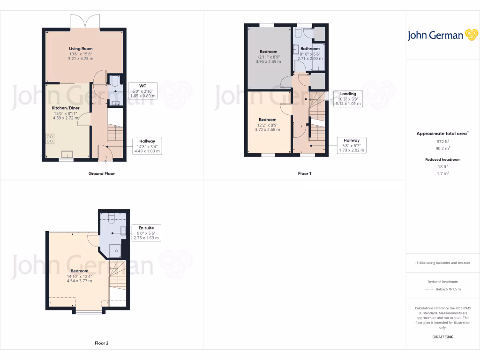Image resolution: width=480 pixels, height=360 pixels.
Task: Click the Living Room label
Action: (x=81, y=49)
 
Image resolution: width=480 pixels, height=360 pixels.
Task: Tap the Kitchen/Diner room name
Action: (x=66, y=108)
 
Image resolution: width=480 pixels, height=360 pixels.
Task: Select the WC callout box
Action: (x=142, y=90)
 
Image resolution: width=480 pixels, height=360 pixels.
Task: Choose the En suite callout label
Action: (x=147, y=232)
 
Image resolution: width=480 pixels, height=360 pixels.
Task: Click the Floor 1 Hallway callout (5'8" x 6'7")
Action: (x=352, y=145)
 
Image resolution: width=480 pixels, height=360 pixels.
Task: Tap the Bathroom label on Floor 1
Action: (x=310, y=49)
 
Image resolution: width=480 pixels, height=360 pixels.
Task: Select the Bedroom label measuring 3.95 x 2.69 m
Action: (x=268, y=52)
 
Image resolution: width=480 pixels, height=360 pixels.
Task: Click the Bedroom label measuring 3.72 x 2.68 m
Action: (x=267, y=120)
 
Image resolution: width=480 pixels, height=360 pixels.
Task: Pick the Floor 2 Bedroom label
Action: (x=79, y=271)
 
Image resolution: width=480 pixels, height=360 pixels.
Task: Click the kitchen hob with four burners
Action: (x=50, y=139)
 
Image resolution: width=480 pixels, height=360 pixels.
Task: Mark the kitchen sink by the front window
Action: (x=66, y=153)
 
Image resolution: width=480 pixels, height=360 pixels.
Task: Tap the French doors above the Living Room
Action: (x=85, y=22)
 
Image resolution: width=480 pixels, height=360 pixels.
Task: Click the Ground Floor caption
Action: (x=102, y=173)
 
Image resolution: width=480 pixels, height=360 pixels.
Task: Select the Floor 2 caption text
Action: (x=102, y=343)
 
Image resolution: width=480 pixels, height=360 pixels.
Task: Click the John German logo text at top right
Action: (x=435, y=36)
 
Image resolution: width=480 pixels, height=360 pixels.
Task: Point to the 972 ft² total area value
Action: (x=443, y=141)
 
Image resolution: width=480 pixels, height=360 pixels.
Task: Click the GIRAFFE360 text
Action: (x=443, y=337)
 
